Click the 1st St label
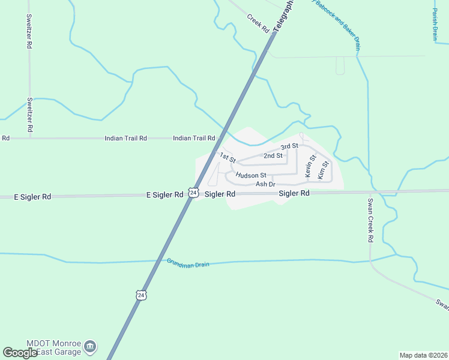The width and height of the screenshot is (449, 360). coord(227,158)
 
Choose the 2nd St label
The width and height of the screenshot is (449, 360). coord(273,156)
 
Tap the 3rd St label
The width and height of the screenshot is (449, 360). coord(289,146)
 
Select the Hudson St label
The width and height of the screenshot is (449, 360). coord(250,176)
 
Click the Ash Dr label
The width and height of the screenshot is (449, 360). coord(265,184)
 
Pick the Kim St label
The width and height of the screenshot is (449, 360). coord(323,170)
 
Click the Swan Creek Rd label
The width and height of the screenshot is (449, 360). coord(370,220)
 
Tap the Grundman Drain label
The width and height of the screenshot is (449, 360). coord(188,263)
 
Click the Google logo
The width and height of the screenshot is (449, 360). coord(20,353)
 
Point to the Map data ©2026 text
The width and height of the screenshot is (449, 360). coord(423,355)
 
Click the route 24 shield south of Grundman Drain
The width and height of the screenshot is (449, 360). coord(140,295)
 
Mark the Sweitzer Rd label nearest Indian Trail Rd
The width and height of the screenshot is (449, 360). coord(29,115)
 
